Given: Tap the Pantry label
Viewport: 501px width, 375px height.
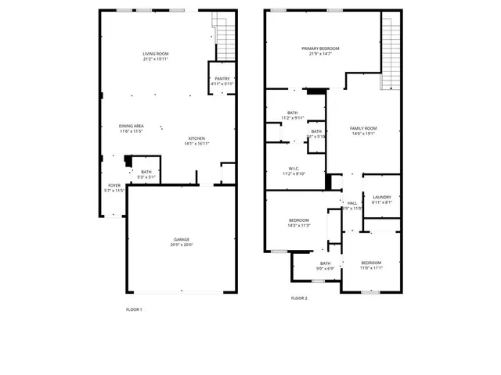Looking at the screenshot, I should [222, 79].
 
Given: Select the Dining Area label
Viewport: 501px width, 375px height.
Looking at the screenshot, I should [131, 126].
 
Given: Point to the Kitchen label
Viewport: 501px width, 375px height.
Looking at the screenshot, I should [196, 139].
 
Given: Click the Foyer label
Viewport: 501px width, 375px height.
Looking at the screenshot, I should [114, 186].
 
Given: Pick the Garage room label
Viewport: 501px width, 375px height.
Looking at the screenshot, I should [182, 239].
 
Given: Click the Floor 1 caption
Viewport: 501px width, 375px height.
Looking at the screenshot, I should [134, 309].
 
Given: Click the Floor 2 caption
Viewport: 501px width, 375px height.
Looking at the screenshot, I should [299, 298].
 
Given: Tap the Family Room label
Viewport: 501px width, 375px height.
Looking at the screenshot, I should [363, 128].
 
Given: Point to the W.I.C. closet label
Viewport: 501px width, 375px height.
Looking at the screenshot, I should [294, 168].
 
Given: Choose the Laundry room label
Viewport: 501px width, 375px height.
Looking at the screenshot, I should [382, 197].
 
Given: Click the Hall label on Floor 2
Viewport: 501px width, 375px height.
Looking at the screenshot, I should [352, 202].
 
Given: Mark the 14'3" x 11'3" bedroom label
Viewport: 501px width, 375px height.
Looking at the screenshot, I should [299, 220].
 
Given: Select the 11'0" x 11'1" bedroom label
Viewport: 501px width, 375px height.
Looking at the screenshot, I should [371, 262].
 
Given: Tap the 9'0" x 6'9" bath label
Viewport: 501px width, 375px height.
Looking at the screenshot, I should [325, 263].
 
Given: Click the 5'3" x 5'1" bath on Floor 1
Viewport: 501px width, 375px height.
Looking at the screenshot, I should [146, 172].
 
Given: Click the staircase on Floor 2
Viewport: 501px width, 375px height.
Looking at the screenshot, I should [391, 52].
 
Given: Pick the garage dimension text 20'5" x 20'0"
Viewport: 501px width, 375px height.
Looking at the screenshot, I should [182, 245].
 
